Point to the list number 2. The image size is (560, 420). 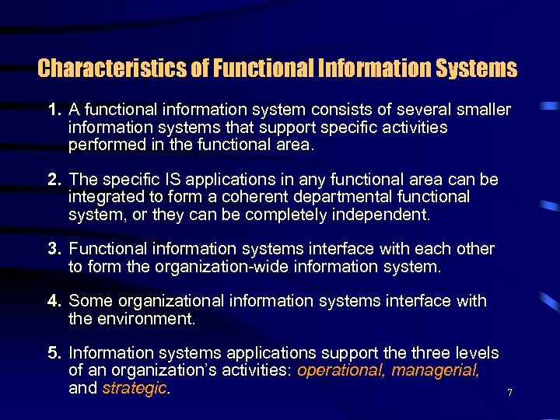54,180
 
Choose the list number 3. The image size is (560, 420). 54,250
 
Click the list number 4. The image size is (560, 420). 54,301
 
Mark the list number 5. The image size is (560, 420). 54,354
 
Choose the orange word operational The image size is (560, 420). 341,371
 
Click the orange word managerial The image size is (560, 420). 436,371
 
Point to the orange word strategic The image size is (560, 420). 135,388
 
